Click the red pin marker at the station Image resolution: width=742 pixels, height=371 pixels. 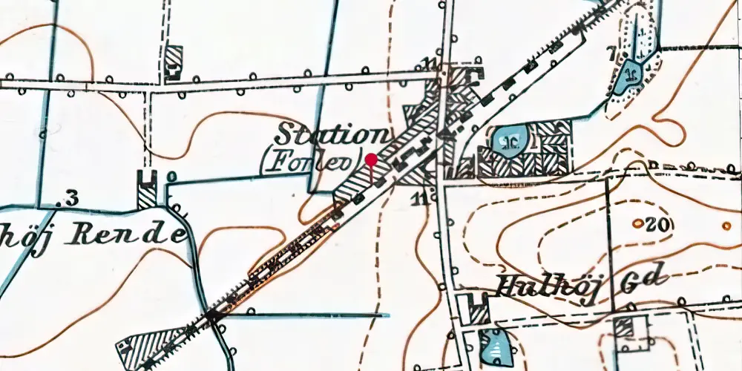coord(370,160)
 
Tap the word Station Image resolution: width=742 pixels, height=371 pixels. coord(332,135)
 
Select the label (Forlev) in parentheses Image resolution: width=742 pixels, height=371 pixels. coord(309,161)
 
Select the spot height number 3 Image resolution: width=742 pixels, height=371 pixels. coord(71,197)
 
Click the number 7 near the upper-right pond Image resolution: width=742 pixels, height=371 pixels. coord(611,53)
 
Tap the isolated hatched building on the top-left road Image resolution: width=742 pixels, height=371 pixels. coord(173,60)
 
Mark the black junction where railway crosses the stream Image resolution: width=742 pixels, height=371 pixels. coord(213,316)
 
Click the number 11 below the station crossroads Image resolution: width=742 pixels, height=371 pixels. coord(422,197)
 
